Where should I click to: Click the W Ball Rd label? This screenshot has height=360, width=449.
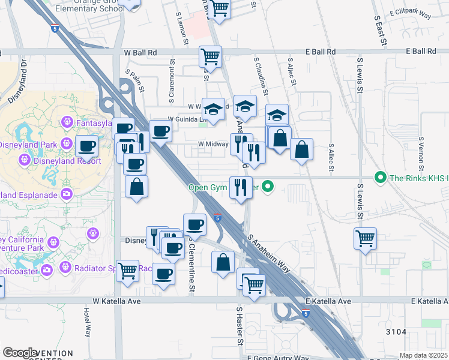(140, 52)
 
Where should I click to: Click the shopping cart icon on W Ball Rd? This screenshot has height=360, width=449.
(211, 57)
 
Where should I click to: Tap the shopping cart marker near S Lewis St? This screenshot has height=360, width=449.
(365, 239)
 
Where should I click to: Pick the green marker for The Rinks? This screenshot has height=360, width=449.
(380, 178)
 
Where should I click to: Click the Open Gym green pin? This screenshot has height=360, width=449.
(268, 187)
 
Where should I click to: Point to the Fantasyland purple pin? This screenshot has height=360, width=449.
(67, 123)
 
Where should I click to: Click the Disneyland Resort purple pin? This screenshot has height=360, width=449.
(24, 160)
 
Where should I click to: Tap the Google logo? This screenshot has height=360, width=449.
(20, 353)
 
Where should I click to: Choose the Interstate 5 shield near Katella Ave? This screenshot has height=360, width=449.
(306, 313)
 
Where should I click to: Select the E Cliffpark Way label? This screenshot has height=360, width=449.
(411, 13)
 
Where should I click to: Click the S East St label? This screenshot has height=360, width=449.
(378, 25)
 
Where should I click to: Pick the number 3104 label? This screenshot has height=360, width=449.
(396, 331)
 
